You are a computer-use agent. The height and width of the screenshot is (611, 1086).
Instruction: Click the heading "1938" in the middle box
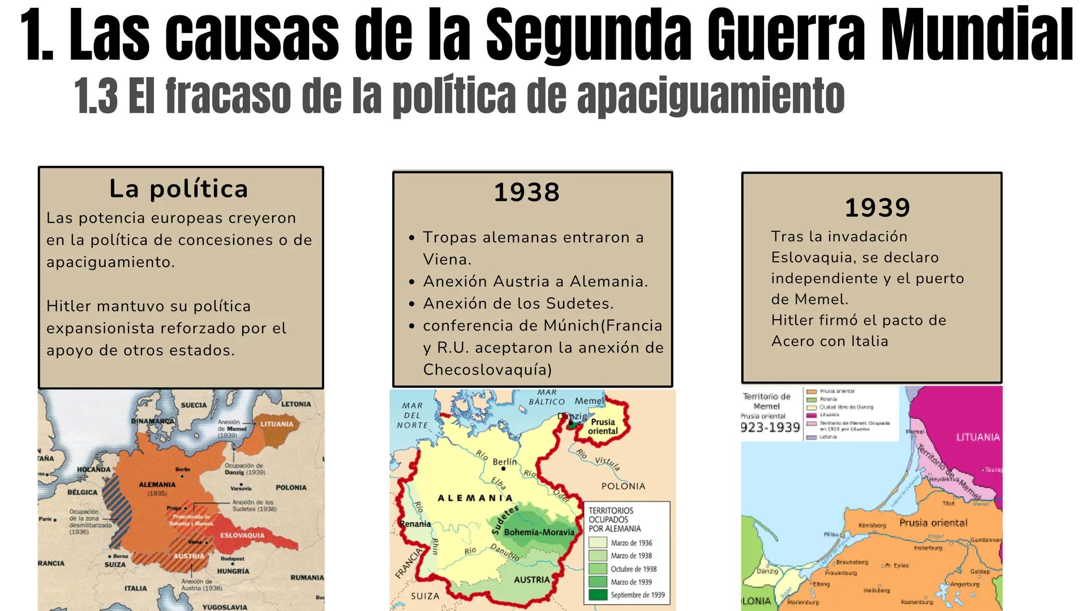[526, 192]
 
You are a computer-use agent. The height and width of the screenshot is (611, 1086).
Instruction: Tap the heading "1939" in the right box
[877, 208]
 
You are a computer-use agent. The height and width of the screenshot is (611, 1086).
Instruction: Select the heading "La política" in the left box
[179, 189]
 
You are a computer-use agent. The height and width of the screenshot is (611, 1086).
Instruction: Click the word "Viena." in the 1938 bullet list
[447, 260]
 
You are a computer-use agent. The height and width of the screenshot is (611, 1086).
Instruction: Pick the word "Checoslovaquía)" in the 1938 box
[487, 370]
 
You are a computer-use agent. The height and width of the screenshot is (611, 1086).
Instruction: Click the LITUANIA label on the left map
[277, 424]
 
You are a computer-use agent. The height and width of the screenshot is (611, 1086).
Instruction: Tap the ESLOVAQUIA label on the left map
[242, 535]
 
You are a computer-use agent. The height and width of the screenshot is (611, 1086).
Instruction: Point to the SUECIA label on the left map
[194, 405]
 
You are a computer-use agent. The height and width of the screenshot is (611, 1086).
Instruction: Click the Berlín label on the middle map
[505, 462]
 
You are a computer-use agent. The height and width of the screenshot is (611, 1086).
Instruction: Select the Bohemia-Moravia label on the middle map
[539, 532]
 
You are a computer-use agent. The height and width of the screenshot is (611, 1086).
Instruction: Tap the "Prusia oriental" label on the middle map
[603, 427]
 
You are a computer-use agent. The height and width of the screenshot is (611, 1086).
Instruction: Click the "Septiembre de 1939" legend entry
[637, 595]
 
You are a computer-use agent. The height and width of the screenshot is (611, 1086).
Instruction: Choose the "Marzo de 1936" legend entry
[631, 543]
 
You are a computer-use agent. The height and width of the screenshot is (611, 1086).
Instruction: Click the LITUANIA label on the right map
[977, 437]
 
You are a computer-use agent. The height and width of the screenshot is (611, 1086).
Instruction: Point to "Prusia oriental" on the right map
[933, 523]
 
